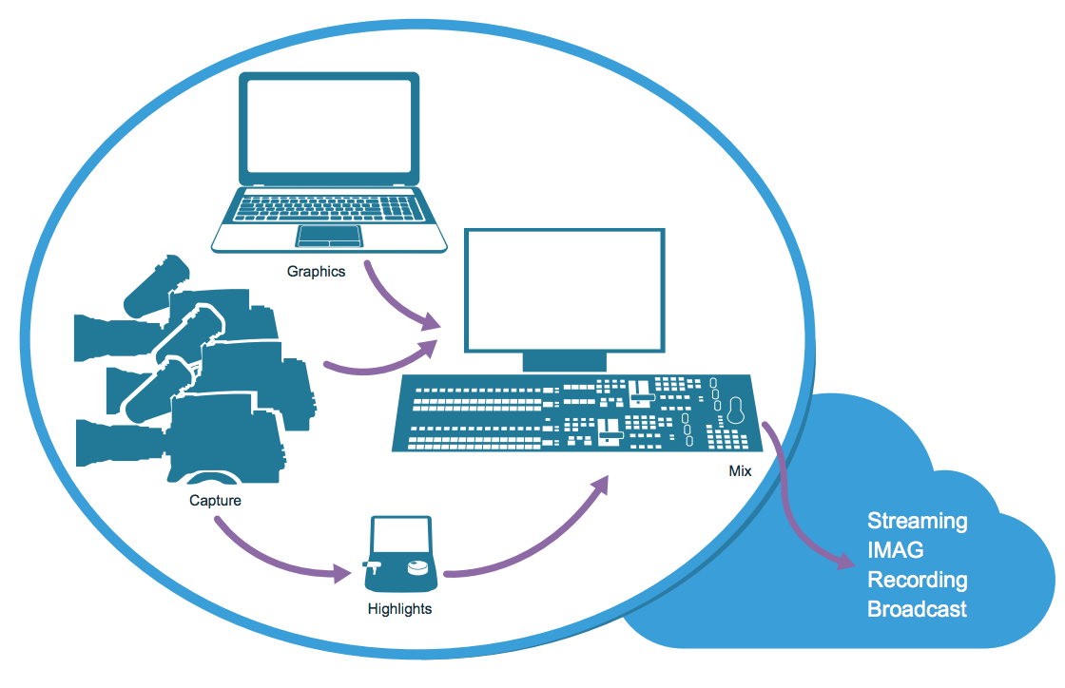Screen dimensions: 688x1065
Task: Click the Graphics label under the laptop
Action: tap(317, 272)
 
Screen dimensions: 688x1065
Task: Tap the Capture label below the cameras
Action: tap(215, 501)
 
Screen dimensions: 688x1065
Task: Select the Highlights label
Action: tap(399, 609)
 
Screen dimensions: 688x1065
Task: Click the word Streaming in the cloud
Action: tap(917, 522)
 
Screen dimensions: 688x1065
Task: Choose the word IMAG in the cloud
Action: tap(895, 550)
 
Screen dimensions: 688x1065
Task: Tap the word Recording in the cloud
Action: tap(917, 580)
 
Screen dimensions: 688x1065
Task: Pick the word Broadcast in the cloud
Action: tap(917, 609)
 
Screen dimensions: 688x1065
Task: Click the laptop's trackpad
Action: tap(329, 235)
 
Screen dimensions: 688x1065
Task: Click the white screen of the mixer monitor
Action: tap(563, 289)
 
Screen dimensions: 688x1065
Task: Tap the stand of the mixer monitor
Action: tap(564, 360)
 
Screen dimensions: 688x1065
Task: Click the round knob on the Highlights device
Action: tap(416, 568)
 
